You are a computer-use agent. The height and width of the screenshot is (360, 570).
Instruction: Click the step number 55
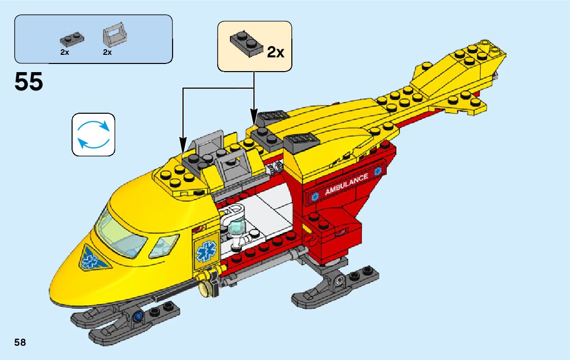pos(29,82)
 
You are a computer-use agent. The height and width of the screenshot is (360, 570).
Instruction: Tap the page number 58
pos(20,342)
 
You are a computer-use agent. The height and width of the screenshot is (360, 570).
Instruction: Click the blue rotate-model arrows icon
pos(93,134)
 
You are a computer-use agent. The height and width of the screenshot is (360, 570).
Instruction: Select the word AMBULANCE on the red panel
pos(346,185)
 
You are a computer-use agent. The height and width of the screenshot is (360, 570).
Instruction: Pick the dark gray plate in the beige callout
pos(246,42)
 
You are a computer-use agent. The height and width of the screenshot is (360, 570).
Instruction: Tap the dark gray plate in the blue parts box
pos(72,39)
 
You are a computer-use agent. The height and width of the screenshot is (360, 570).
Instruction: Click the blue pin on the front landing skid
pos(137,318)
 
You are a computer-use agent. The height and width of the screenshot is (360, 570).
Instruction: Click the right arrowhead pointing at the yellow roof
pos(253,116)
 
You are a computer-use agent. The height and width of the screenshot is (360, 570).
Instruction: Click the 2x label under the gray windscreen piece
pos(107,52)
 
